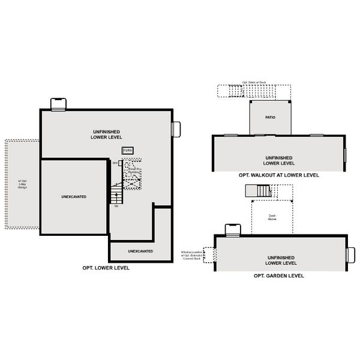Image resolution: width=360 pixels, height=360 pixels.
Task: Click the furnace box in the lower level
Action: [x=127, y=150]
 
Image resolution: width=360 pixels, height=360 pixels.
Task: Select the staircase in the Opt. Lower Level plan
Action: [x=115, y=194]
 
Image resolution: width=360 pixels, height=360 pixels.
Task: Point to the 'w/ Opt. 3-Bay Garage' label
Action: [x=22, y=184]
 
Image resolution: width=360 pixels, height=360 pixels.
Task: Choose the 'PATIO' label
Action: [x=270, y=118]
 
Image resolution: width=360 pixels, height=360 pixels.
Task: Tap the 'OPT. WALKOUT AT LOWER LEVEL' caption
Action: [x=278, y=175]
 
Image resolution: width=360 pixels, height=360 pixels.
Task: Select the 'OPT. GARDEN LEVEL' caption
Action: [x=279, y=275]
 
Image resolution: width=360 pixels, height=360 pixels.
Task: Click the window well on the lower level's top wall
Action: [x=58, y=104]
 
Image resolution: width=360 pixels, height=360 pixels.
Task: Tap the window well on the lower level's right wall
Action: [x=176, y=129]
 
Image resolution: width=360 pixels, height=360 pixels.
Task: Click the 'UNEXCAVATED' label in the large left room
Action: [x=74, y=196]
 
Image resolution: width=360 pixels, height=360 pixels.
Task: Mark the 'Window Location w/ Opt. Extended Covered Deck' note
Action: [x=191, y=255]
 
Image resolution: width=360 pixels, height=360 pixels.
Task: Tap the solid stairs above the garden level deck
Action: [x=258, y=191]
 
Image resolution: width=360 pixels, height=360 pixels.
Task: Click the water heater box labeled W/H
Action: [x=121, y=163]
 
